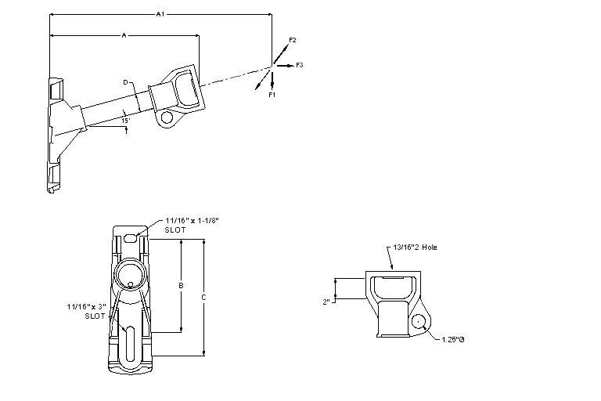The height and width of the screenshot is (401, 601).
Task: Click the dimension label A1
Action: tap(160, 14)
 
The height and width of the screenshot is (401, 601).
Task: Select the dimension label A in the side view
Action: tap(124, 34)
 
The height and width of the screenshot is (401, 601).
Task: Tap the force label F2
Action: tap(292, 39)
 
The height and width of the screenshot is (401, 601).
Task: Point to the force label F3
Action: tap(300, 64)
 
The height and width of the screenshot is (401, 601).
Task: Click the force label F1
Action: tap(272, 94)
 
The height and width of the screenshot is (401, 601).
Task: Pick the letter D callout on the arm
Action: tap(124, 81)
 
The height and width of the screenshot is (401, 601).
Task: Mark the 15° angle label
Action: tap(124, 121)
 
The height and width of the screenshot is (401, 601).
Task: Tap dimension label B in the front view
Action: tap(181, 286)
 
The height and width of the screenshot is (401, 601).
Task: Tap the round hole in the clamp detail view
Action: tap(419, 321)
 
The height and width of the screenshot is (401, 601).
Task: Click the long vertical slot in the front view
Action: tap(129, 342)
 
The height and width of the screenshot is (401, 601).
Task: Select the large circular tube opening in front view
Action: tap(129, 275)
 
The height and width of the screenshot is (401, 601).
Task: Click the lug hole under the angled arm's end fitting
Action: tap(165, 118)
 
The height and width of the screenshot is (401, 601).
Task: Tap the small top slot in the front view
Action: tap(130, 234)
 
